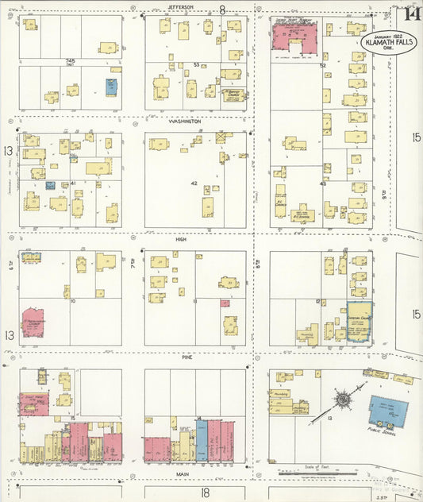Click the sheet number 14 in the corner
click(x=411, y=13)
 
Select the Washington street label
click(x=184, y=122)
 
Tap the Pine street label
click(x=187, y=357)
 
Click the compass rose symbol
click(x=344, y=399)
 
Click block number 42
click(x=193, y=183)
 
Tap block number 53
click(x=195, y=65)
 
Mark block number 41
click(x=72, y=183)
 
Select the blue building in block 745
click(x=113, y=85)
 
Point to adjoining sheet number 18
click(x=205, y=492)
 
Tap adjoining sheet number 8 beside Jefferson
click(x=222, y=10)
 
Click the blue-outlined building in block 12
click(x=360, y=322)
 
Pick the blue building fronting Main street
click(x=202, y=442)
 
